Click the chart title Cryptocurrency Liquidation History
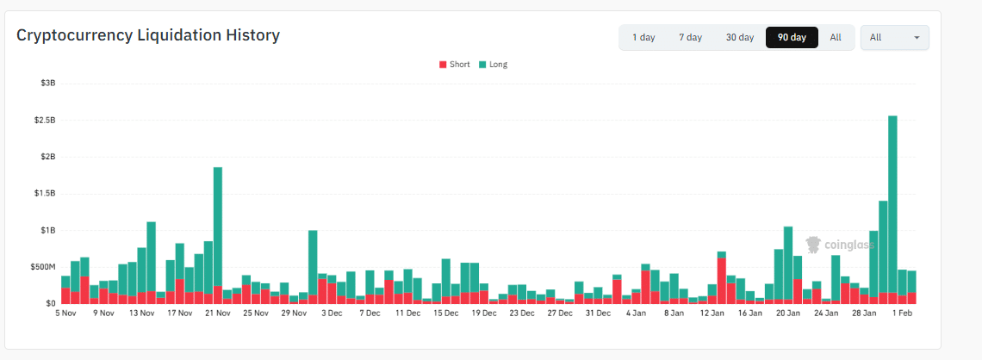pyautogui.click(x=148, y=36)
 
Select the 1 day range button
pyautogui.click(x=643, y=38)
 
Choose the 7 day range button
pyautogui.click(x=690, y=38)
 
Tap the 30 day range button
pyautogui.click(x=739, y=38)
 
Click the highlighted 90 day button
pyautogui.click(x=792, y=38)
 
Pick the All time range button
pyautogui.click(x=836, y=38)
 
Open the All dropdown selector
pyautogui.click(x=894, y=38)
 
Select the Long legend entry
pyautogui.click(x=493, y=65)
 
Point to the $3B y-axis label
pyautogui.click(x=47, y=84)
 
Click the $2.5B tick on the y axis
pyautogui.click(x=45, y=121)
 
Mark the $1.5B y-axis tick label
pyautogui.click(x=45, y=194)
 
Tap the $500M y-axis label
pyautogui.click(x=44, y=267)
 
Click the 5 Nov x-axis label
pyautogui.click(x=65, y=313)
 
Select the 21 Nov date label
pyautogui.click(x=218, y=313)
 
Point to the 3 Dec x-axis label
pyautogui.click(x=333, y=313)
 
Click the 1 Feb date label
pyautogui.click(x=903, y=313)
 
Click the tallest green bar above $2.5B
pyautogui.click(x=892, y=198)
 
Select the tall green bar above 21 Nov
pyautogui.click(x=218, y=224)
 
